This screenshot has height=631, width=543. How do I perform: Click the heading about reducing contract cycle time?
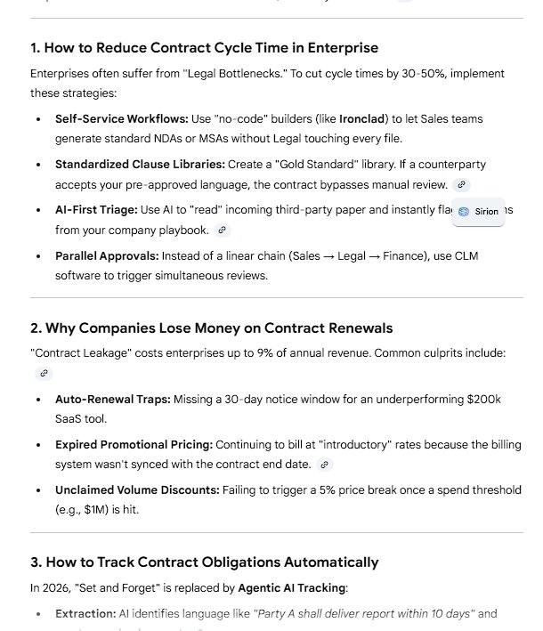(x=204, y=47)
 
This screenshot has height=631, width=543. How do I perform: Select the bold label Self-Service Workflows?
(x=121, y=118)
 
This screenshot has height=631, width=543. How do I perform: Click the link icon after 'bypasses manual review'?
(x=460, y=184)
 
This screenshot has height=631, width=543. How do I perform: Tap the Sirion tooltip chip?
(x=479, y=212)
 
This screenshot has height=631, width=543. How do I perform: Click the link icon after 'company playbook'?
(x=223, y=231)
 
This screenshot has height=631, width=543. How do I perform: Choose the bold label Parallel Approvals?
(x=106, y=256)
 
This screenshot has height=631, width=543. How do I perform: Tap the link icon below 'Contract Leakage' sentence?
(x=44, y=373)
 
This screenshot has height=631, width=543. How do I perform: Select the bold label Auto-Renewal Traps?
(x=112, y=400)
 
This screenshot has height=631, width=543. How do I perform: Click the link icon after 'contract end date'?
(x=325, y=465)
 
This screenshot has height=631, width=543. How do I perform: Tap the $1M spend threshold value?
(x=123, y=510)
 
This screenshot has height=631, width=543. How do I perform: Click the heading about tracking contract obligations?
(x=204, y=562)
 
